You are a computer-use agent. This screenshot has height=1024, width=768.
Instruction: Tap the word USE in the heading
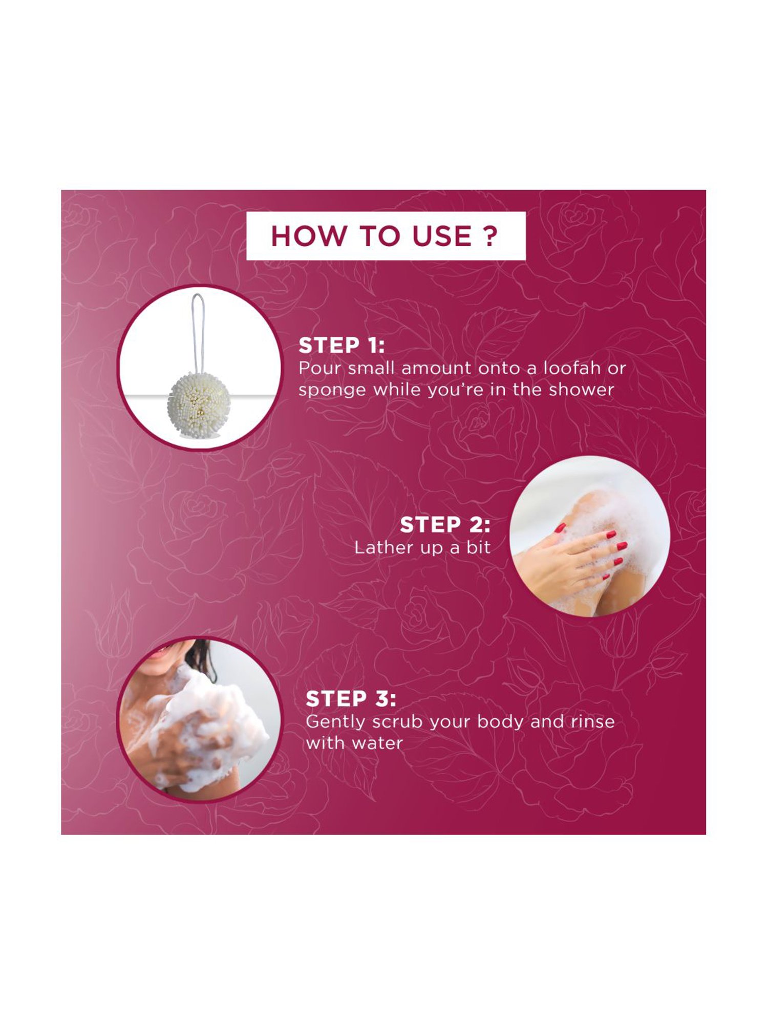[442, 236]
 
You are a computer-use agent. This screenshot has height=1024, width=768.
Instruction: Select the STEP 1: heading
[342, 346]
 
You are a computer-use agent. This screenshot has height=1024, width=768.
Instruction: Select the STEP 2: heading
[445, 525]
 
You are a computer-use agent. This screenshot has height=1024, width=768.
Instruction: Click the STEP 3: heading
[351, 699]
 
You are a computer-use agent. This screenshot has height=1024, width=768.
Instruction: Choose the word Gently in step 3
[335, 722]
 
